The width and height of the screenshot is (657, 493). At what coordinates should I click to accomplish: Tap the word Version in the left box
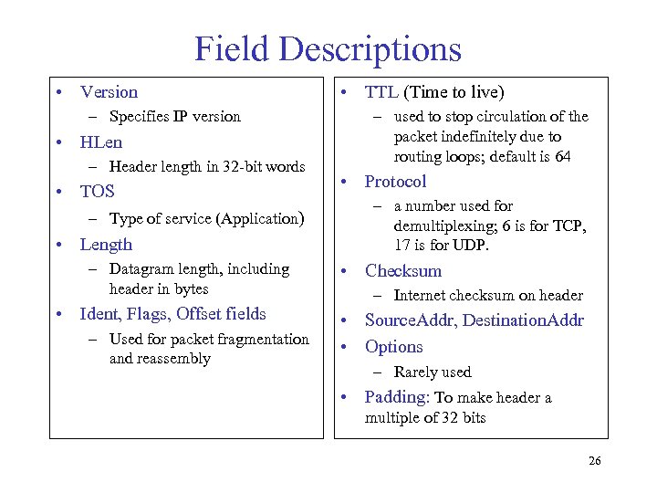click(109, 91)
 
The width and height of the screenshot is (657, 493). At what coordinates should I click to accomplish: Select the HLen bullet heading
click(100, 142)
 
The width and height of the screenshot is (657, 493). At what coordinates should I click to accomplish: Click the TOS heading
click(98, 192)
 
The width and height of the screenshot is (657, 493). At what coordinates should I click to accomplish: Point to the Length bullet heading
click(106, 244)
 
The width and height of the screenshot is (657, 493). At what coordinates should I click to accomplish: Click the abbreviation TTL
click(381, 91)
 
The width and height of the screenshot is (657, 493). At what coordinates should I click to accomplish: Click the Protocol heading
click(395, 181)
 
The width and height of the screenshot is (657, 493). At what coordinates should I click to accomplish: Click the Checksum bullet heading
click(402, 270)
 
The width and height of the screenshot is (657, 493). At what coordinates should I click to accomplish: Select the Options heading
click(393, 347)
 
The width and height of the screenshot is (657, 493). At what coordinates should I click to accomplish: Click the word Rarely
click(417, 372)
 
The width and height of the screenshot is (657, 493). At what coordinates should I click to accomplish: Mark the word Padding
click(397, 397)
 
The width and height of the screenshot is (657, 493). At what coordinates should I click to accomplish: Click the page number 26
click(594, 460)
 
